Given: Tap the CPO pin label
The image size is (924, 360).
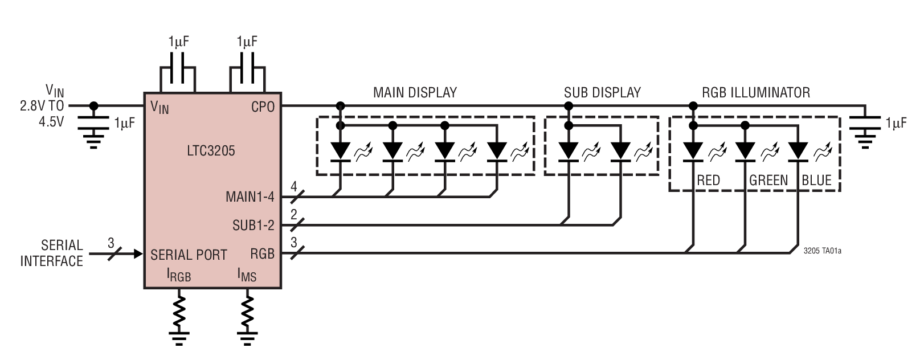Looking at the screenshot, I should click(263, 107).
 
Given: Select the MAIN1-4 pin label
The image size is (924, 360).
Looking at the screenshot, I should click(250, 198).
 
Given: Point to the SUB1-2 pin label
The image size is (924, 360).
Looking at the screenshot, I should click(253, 226).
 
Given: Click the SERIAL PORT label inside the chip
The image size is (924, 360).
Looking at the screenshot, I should click(189, 254).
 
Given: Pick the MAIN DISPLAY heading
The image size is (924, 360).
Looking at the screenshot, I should click(415, 92).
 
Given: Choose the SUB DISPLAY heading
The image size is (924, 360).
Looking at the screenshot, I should click(602, 92).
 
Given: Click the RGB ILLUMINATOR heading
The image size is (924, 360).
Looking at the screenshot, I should click(756, 92).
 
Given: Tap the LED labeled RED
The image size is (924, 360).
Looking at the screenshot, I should click(693, 150).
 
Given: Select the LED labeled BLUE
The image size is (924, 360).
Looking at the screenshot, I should click(798, 150).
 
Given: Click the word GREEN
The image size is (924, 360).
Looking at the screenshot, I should click(768, 181).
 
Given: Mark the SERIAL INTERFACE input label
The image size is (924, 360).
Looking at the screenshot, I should click(52, 253).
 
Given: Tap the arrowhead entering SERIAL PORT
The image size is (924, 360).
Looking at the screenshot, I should click(137, 254).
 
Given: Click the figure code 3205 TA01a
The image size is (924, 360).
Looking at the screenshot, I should click(822, 249).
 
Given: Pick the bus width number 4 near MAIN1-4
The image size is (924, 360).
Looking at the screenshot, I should click(294, 186).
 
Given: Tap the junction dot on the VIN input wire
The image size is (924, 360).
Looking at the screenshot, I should click(94, 105).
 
